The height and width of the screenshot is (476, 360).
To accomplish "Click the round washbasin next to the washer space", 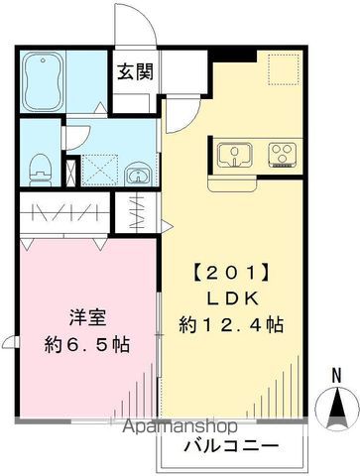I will click(x=136, y=176).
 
